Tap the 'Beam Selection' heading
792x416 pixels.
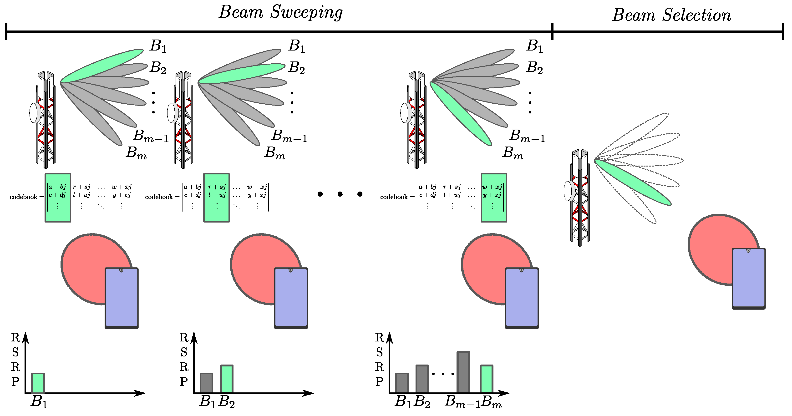point(671,15)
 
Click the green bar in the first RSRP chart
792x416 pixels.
point(38,383)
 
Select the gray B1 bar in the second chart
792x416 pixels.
point(206,383)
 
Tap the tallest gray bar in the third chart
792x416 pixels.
point(463,372)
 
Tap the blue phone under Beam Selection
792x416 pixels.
point(748,278)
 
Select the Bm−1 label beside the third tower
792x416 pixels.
point(527,136)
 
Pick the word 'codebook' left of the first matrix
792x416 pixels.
point(23,197)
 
